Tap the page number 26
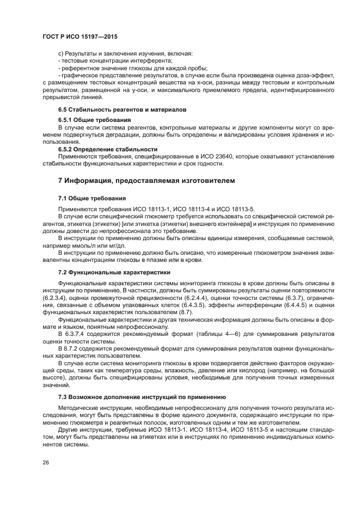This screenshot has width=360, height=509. click(46, 463)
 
